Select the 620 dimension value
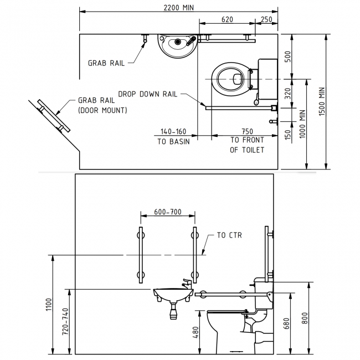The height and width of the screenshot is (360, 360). click(x=227, y=19)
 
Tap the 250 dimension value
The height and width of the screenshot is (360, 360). click(x=266, y=19)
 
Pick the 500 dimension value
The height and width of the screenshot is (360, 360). click(x=287, y=57)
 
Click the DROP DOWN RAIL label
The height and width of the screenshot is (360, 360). click(x=147, y=94)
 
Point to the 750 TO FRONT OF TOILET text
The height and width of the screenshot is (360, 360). click(x=247, y=141)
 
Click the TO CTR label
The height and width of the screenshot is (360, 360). click(x=229, y=235)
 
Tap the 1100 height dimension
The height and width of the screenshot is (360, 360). click(x=48, y=304)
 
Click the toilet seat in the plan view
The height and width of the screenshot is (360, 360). click(x=229, y=79)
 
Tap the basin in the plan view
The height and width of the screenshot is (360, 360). click(x=176, y=45)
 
